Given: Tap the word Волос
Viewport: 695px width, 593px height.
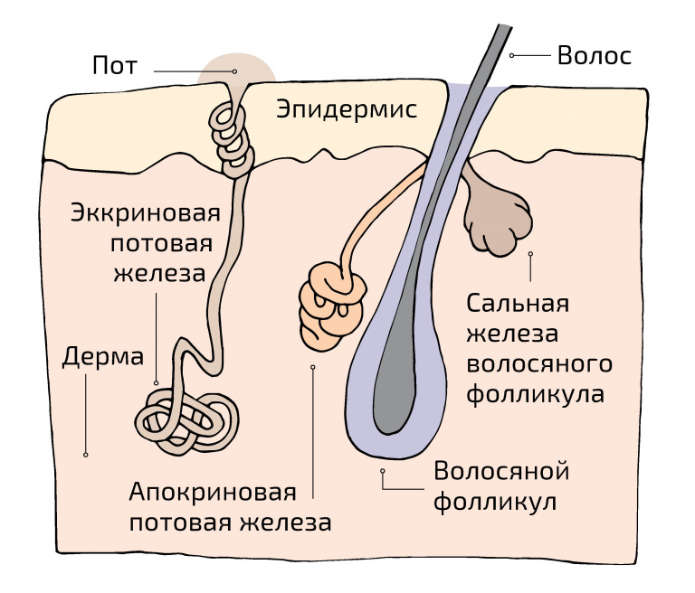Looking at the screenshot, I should (594, 55).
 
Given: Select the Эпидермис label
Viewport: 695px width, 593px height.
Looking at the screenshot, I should (347, 110).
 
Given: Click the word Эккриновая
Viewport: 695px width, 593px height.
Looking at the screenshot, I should (147, 215).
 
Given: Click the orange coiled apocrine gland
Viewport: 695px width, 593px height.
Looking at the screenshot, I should (331, 298).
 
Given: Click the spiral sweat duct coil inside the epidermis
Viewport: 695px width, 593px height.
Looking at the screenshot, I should (231, 135).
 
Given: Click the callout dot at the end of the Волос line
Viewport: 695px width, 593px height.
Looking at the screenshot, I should (512, 55).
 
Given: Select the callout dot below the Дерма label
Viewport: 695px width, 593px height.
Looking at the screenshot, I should (85, 455).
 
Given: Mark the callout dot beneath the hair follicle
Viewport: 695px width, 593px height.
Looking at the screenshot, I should (383, 471).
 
